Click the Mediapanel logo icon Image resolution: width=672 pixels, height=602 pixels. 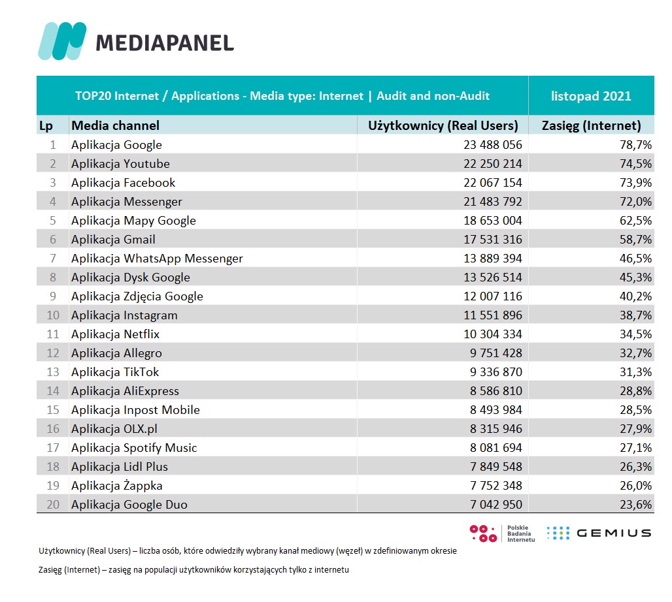[x=62, y=40]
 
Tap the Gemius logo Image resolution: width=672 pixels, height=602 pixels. [x=599, y=533]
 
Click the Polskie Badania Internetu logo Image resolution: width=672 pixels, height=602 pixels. [x=502, y=533]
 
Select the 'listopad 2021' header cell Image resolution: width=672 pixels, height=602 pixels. [x=591, y=96]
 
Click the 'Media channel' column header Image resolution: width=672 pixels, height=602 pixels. [x=115, y=125]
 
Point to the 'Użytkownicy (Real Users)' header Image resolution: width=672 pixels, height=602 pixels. [x=443, y=125]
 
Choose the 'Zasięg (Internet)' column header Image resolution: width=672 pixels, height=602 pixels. [x=591, y=125]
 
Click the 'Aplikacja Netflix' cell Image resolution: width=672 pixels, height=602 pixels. [x=115, y=334]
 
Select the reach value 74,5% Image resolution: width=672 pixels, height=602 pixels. [x=635, y=164]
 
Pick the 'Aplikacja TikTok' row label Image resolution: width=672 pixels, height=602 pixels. [x=115, y=372]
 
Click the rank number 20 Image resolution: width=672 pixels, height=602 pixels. [x=52, y=504]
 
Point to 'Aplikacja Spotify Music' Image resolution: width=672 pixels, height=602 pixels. [x=134, y=448]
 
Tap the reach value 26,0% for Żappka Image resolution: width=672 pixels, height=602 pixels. [x=635, y=486]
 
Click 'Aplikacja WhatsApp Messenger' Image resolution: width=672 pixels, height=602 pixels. [x=157, y=259]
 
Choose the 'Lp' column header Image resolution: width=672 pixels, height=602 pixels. [x=46, y=125]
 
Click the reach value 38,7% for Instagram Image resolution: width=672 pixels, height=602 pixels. [x=635, y=315]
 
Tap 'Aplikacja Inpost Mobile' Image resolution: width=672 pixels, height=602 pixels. [x=135, y=410]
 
